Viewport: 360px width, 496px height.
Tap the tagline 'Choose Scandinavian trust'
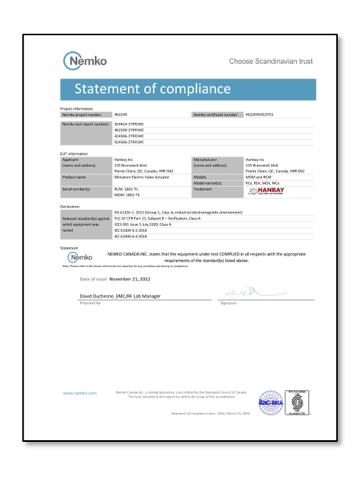(271, 61)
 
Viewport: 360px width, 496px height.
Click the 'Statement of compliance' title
(153, 89)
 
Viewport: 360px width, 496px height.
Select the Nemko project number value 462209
(120, 114)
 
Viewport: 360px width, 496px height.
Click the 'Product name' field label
(76, 176)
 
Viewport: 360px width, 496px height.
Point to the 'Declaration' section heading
(71, 206)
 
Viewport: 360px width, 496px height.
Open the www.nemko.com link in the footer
(80, 393)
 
